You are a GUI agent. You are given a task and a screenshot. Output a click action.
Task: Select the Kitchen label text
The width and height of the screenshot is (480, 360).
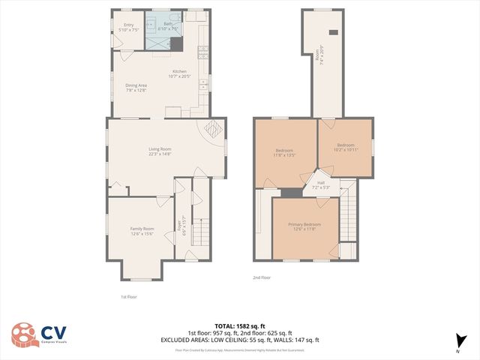pos(180,73)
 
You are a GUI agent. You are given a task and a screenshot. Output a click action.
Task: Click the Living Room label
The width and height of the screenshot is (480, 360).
pos(160,151)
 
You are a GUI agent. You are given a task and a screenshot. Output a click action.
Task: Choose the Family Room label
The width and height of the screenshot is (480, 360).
pos(142,230)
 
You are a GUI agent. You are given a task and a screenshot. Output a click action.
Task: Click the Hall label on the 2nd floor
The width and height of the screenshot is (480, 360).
pos(320,184)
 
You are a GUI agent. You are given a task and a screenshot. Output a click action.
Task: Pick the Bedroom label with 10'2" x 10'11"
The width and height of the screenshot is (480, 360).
pos(345,147)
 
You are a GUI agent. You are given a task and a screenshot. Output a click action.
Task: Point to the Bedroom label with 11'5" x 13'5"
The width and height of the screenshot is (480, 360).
pos(285,153)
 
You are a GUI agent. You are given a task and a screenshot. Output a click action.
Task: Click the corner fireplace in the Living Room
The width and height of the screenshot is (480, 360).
pos(213,127)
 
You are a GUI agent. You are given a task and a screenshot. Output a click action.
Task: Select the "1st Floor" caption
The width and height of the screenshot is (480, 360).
pos(129,296)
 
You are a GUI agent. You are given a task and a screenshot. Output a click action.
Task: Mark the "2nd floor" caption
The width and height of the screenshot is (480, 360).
pos(261,277)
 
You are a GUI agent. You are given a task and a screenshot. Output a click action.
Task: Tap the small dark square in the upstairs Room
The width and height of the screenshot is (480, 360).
pos(334,32)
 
